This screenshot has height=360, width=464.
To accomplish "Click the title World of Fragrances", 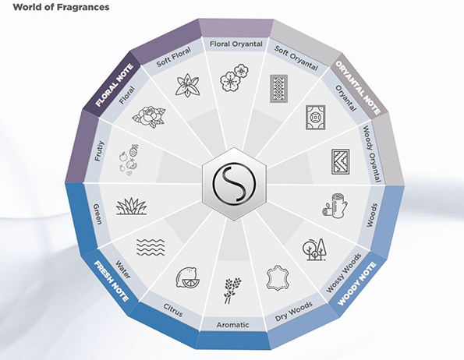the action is click(61, 7).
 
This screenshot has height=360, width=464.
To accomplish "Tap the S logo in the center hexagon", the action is click(234, 183).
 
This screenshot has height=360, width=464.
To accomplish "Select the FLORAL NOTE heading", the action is click(114, 86).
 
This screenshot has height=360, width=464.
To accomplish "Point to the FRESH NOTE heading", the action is click(112, 281).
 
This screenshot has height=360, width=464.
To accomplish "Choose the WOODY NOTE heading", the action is click(357, 283).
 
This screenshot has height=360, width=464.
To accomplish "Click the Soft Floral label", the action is click(173, 57).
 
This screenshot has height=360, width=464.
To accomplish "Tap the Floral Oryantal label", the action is click(236, 44).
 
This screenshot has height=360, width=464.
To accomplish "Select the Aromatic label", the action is click(232, 325).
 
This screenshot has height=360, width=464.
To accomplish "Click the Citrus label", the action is click(173, 310).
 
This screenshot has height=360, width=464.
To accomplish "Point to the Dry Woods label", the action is click(293, 311).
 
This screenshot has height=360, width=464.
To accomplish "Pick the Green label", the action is click(97, 214).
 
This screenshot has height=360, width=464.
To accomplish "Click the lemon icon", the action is click(187, 277).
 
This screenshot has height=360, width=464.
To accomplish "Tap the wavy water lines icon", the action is click(151, 247).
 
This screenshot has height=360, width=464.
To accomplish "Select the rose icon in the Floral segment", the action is click(149, 117).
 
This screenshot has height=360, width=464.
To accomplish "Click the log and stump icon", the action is click(335, 206).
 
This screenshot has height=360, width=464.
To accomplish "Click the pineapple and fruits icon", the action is click(129, 161).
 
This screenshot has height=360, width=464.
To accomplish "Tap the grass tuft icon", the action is click(131, 206).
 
